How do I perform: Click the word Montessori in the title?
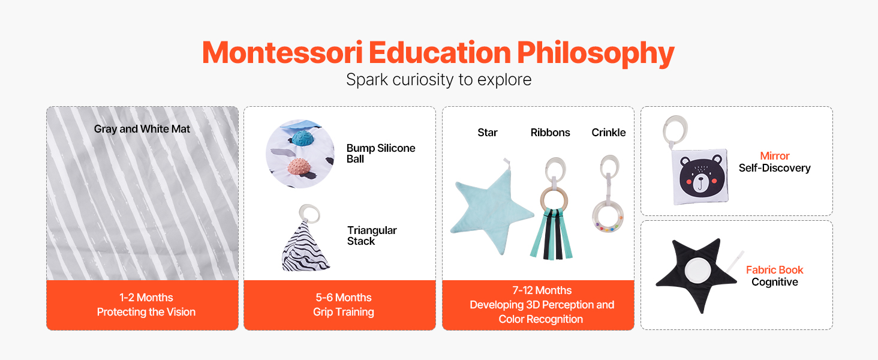click(x=282, y=53)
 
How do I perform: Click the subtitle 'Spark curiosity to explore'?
click(x=439, y=80)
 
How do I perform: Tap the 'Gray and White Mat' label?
click(x=142, y=129)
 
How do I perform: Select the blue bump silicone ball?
click(x=303, y=138)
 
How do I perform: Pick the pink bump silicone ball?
click(x=299, y=167)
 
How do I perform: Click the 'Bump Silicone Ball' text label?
click(x=381, y=154)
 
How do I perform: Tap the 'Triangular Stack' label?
click(x=372, y=235)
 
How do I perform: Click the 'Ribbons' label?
click(x=551, y=133)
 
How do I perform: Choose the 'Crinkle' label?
click(x=608, y=133)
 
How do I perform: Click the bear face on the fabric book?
click(x=700, y=176)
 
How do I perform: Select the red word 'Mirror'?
click(x=774, y=155)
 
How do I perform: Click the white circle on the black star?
click(x=697, y=271)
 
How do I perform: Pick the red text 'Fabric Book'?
click(x=774, y=270)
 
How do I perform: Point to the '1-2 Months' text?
click(x=146, y=297)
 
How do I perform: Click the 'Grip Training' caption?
click(x=344, y=312)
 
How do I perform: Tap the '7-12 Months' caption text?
click(x=542, y=290)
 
